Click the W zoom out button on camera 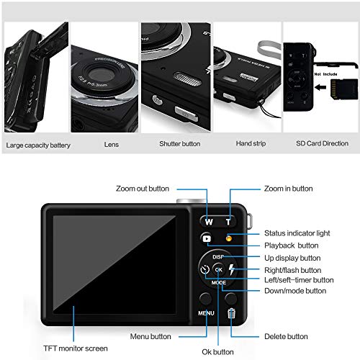(x=208, y=221)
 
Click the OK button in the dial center (x=218, y=270)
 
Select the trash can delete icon (x=231, y=312)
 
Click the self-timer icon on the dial (x=204, y=271)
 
